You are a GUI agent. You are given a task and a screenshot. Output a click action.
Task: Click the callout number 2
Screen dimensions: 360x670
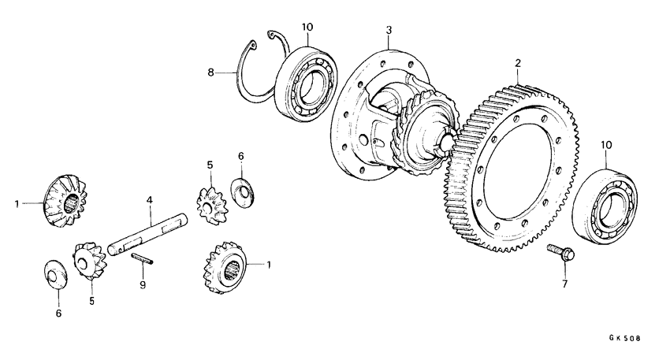[517, 62]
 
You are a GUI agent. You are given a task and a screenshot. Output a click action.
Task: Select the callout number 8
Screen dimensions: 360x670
[211, 72]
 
